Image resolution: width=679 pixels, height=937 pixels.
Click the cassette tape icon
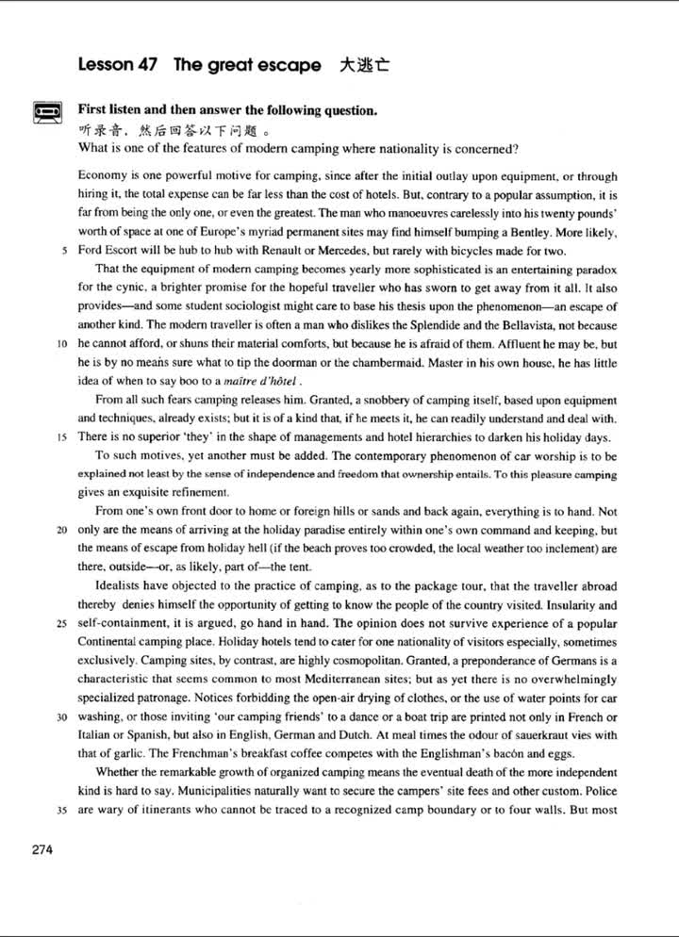[x=47, y=113]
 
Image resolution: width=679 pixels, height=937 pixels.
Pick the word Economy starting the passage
[x=103, y=176]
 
